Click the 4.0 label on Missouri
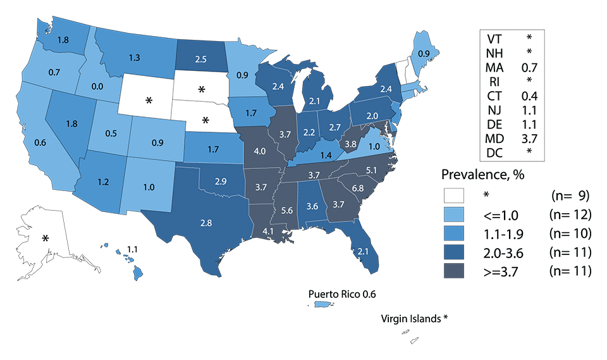pos(258,152)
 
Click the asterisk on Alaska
pos(46,239)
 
